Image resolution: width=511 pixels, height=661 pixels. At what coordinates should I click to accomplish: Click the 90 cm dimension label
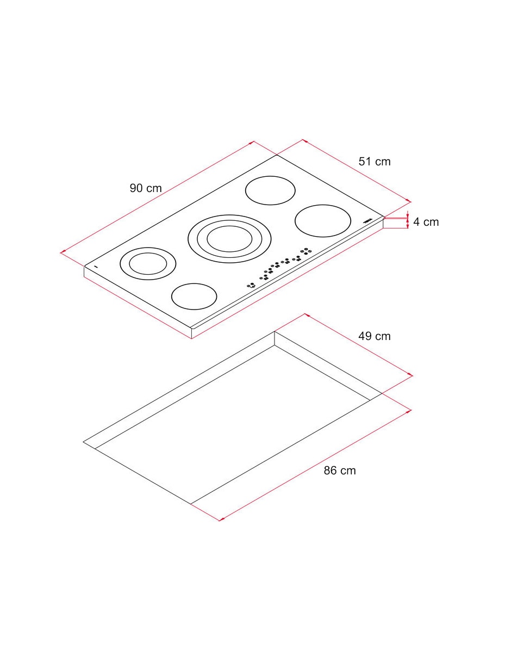coord(146,188)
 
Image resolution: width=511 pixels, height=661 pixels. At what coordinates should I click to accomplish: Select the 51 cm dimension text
coord(375,162)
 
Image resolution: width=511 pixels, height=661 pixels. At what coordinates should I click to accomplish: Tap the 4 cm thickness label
coord(426,222)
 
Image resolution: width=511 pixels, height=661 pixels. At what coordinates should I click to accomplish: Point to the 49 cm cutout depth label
coord(375,336)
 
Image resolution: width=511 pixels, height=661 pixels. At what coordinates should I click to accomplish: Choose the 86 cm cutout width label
coord(340,471)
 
